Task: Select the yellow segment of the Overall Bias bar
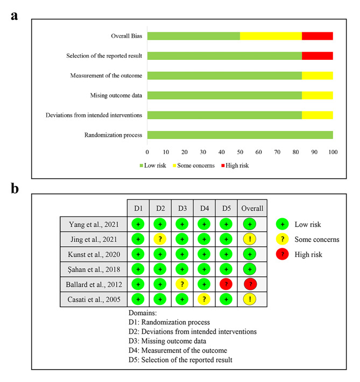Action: (271, 36)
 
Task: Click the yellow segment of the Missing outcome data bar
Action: (317, 95)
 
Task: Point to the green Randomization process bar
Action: (240, 135)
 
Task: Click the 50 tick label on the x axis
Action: (240, 152)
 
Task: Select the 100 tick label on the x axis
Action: (333, 152)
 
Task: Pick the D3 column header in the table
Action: (182, 208)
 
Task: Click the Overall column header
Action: (252, 208)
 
